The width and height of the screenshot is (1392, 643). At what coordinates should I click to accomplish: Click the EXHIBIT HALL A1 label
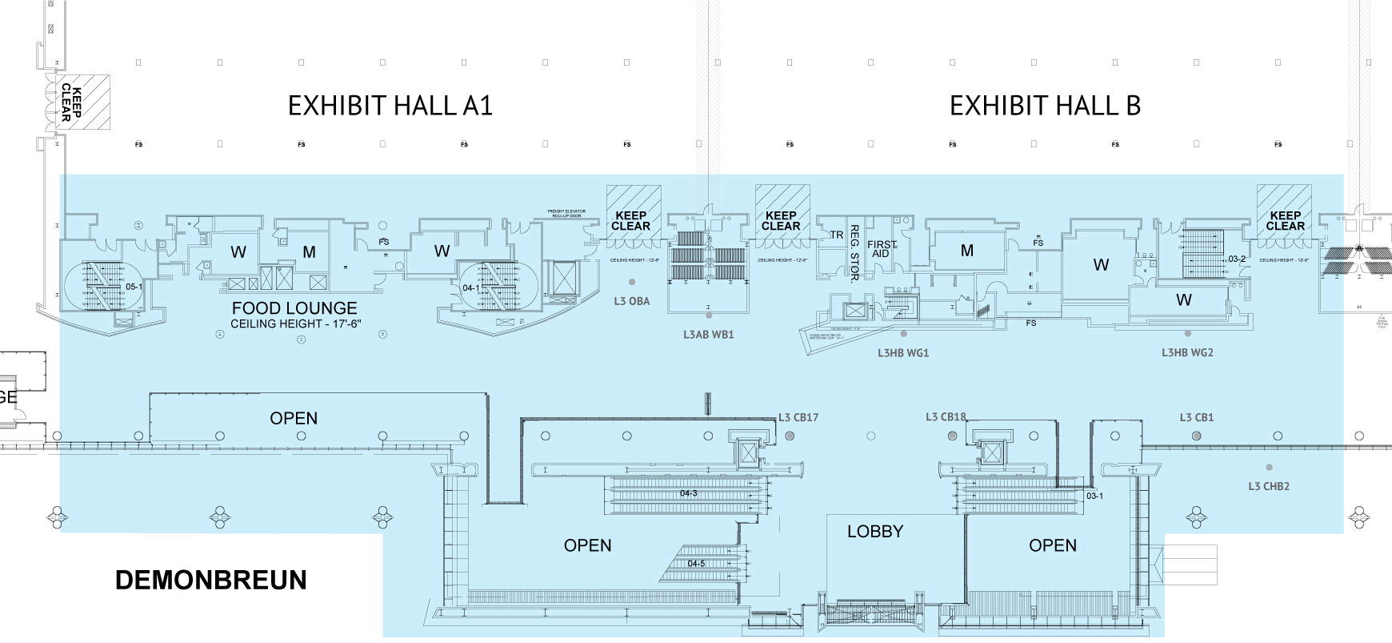tap(390, 106)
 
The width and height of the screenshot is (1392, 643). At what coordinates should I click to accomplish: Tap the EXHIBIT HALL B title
tap(1045, 106)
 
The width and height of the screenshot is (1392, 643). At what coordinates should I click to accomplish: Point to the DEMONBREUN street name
tap(211, 580)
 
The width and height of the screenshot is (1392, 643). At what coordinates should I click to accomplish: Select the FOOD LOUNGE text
tap(294, 308)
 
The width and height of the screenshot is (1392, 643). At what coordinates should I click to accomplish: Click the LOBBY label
tap(875, 532)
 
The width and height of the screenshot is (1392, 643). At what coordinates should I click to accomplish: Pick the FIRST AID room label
tap(882, 249)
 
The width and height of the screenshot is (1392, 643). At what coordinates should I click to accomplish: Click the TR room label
tap(836, 235)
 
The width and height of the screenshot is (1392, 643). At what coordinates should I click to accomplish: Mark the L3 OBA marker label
tap(632, 301)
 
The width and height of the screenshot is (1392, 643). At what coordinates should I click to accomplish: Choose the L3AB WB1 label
tap(708, 335)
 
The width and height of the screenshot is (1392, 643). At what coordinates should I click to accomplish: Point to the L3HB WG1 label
tap(903, 352)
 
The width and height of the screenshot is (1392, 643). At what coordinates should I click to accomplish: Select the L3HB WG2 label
tap(1187, 352)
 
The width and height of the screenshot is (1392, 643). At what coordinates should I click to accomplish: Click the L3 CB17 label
tap(798, 417)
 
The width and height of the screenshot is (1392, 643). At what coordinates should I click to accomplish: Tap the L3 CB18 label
tap(946, 416)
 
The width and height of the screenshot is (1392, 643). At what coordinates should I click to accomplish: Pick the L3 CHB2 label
tap(1269, 486)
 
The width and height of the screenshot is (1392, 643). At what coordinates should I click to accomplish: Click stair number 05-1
tap(134, 287)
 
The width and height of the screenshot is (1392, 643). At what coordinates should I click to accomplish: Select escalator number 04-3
tap(689, 493)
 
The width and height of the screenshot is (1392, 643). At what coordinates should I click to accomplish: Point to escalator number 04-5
tap(696, 564)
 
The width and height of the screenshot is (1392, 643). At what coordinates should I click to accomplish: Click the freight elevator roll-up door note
tap(566, 214)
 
